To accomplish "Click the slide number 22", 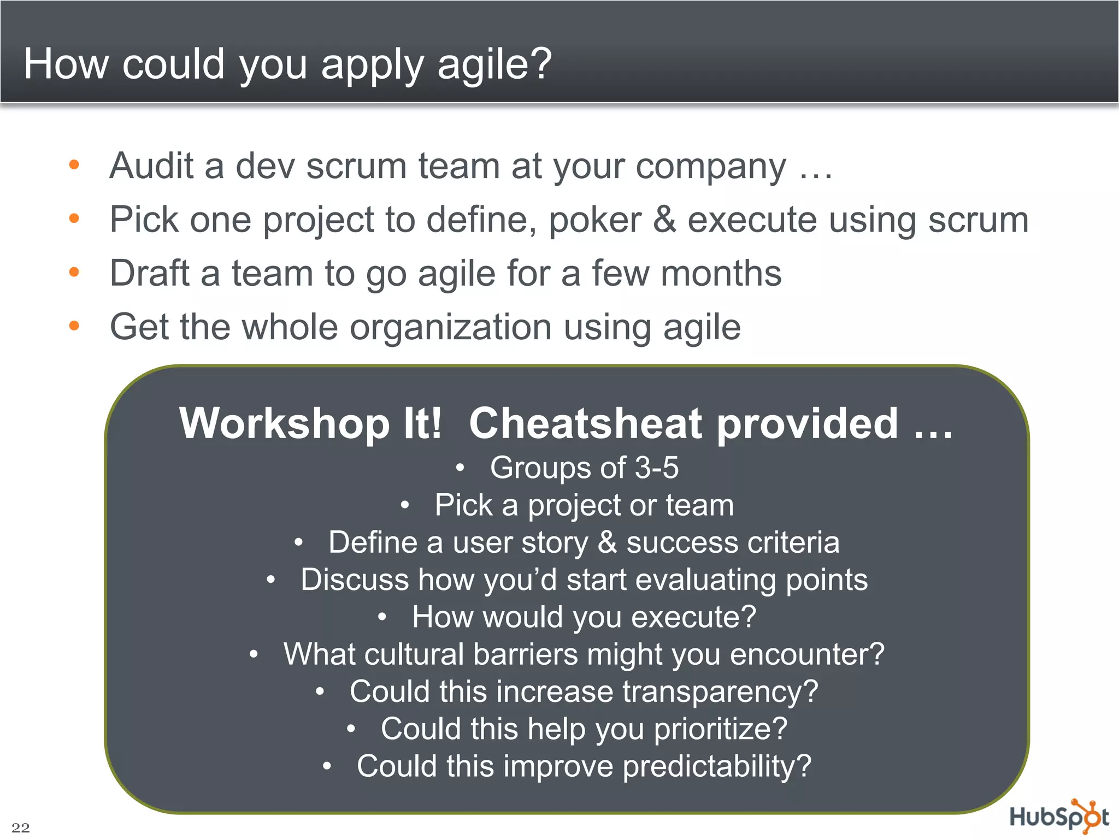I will click(x=21, y=827).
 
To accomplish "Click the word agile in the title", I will click(x=494, y=64).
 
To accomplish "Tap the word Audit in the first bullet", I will click(x=151, y=166).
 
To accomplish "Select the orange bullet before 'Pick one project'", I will click(x=74, y=218).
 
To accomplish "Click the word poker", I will click(x=594, y=220).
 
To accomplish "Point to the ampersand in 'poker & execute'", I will click(x=664, y=220).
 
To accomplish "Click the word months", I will click(x=721, y=273).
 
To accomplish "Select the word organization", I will click(x=450, y=327).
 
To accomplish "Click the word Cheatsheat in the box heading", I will click(x=585, y=424).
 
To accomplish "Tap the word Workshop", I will click(x=284, y=424).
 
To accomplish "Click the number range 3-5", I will click(x=656, y=468).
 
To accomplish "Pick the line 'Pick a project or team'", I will click(x=584, y=505).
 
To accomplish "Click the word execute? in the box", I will click(x=693, y=617).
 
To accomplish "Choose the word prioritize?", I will click(x=721, y=729).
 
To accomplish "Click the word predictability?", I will click(x=717, y=766).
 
